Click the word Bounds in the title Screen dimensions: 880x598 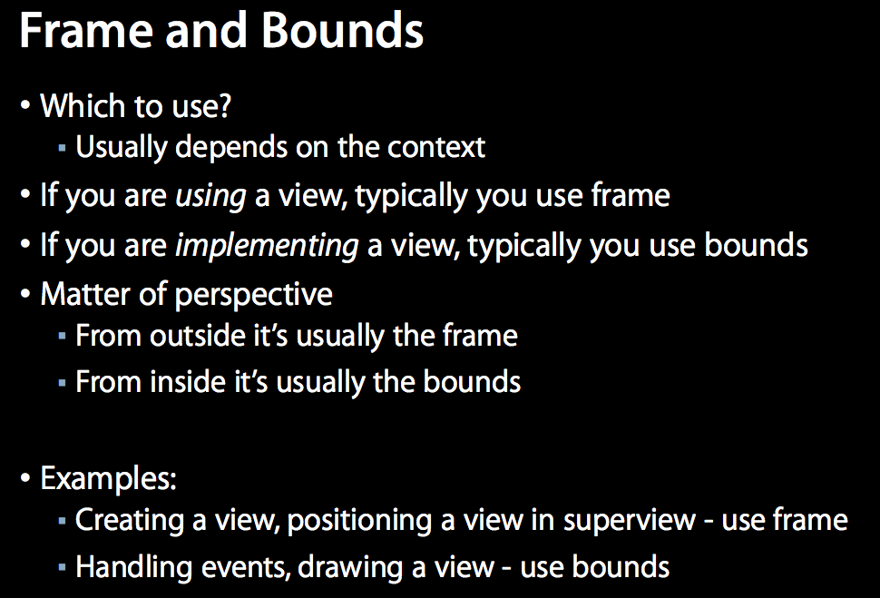(342, 30)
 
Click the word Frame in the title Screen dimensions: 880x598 (86, 30)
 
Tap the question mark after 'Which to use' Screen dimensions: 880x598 (224, 105)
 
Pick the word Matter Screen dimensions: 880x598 (85, 294)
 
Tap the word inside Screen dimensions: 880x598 (188, 381)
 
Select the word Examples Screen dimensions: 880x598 (108, 479)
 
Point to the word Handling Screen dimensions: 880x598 (133, 567)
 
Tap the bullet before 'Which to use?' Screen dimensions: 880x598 (24, 105)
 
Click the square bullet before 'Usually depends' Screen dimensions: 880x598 (63, 148)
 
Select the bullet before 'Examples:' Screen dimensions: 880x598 (24, 478)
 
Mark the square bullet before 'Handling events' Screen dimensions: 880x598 (63, 567)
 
